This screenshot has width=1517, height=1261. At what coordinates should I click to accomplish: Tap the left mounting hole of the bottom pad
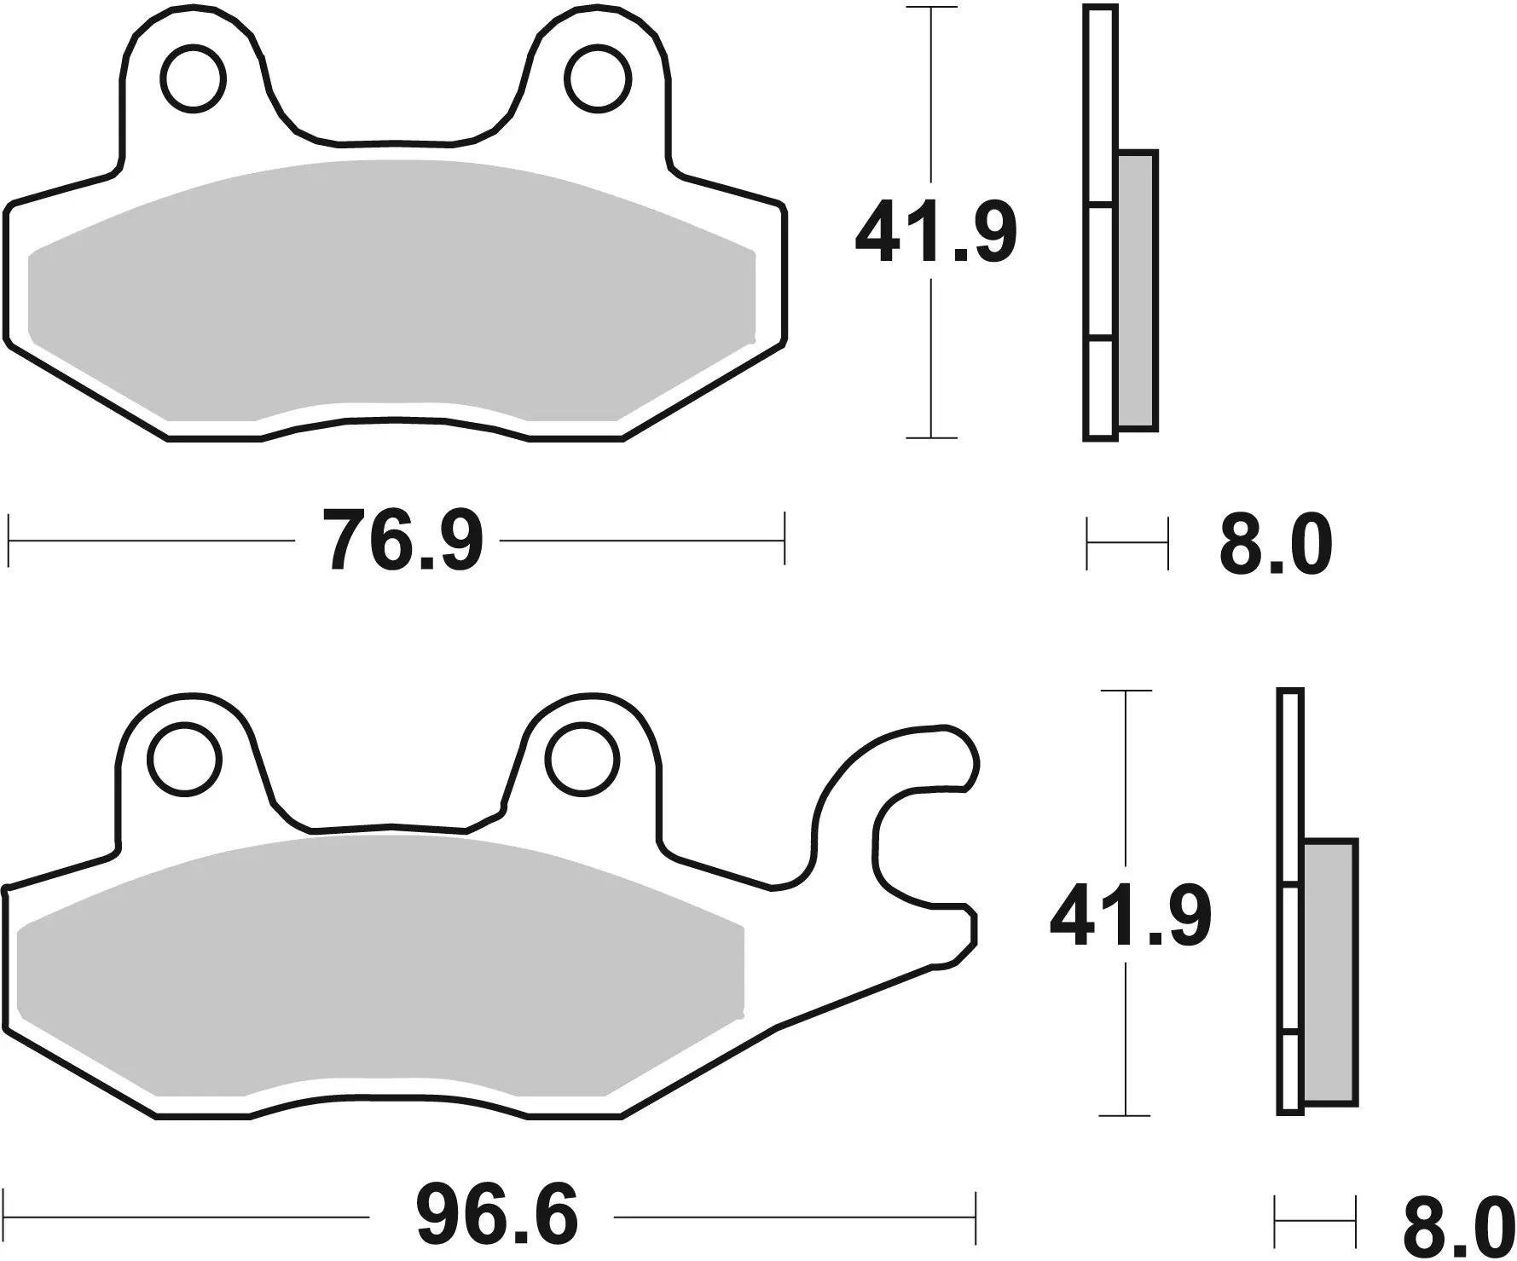(183, 758)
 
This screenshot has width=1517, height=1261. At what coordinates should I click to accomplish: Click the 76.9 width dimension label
(402, 541)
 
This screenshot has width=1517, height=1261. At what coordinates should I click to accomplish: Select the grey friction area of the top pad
(392, 290)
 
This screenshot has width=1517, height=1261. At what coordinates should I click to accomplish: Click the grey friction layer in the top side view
(1137, 290)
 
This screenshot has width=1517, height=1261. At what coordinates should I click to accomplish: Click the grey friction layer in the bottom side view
(1329, 972)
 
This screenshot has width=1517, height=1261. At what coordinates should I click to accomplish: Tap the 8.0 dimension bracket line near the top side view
(1126, 543)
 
